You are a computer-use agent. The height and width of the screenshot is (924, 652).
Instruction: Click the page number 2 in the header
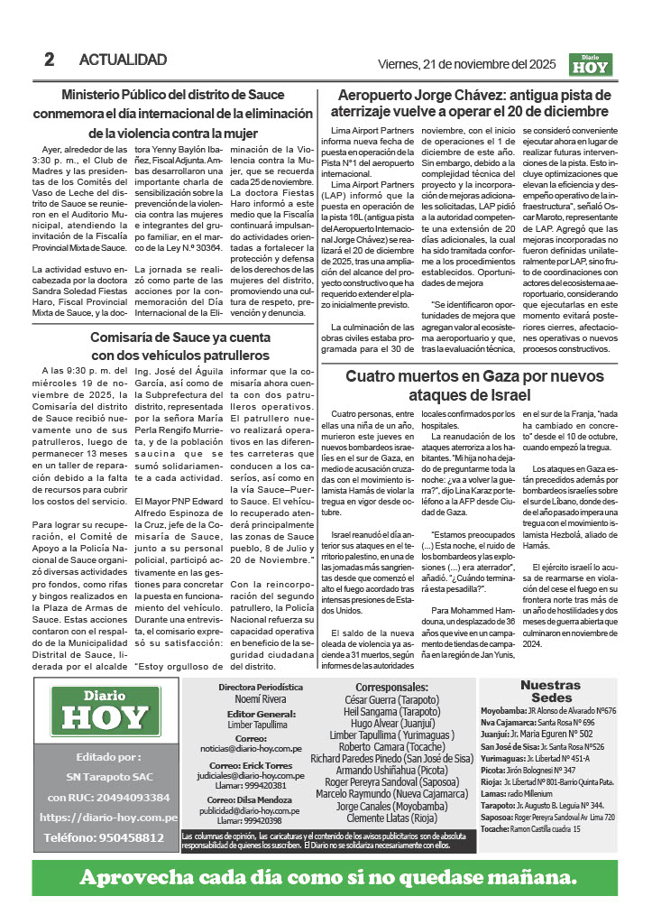click(50, 60)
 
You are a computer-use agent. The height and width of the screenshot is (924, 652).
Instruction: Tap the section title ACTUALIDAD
click(123, 60)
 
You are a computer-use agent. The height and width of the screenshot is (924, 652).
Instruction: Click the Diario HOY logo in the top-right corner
click(591, 65)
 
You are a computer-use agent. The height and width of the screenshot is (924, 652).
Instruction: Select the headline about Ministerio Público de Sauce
click(172, 114)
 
